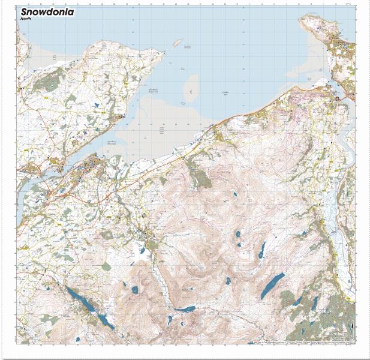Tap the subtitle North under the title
tap(26, 19)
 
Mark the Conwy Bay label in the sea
tap(225, 92)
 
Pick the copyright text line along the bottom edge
tap(300, 343)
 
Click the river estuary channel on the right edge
tap(347, 144)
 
